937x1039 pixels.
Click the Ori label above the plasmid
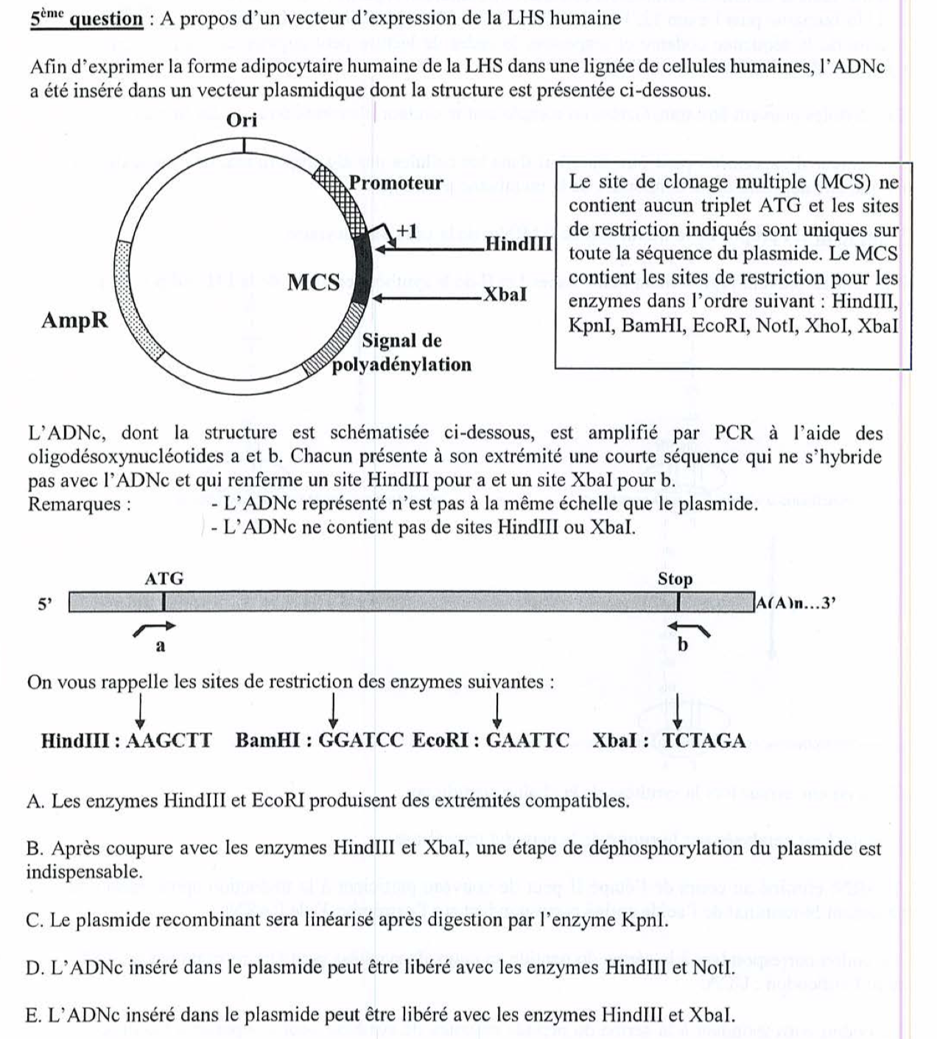click(x=242, y=121)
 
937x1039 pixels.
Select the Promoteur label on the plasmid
click(x=396, y=183)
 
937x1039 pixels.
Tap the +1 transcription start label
click(x=407, y=231)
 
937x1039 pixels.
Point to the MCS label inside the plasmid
click(x=313, y=282)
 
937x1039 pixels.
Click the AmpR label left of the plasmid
click(x=75, y=321)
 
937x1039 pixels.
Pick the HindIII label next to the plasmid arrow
click(x=519, y=244)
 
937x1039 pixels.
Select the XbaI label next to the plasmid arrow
click(x=505, y=295)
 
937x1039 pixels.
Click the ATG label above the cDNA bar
click(x=164, y=578)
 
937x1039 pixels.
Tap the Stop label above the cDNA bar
click(x=675, y=579)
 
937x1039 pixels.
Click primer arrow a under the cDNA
click(x=155, y=627)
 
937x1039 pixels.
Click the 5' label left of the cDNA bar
click(x=46, y=604)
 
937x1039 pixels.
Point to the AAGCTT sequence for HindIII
click(x=169, y=741)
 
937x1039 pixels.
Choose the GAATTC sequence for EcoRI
click(x=527, y=741)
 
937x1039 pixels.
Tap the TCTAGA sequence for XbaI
click(x=704, y=741)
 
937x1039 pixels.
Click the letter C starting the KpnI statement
click(x=32, y=920)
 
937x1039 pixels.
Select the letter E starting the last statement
click(x=32, y=1015)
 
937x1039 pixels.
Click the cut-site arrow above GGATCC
click(x=334, y=710)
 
